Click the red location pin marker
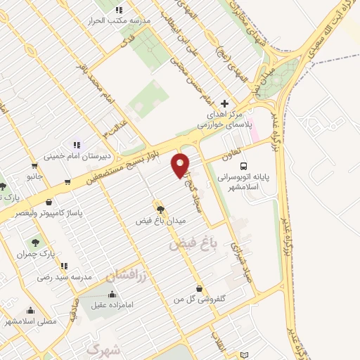coord(181,165)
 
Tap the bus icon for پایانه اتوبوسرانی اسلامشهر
coord(243,167)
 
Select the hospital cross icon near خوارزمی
coord(224,103)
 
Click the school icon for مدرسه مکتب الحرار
coord(118,10)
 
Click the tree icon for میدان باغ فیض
coord(162,208)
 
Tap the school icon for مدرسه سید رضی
coord(64,266)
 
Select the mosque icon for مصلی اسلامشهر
coord(30,310)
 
